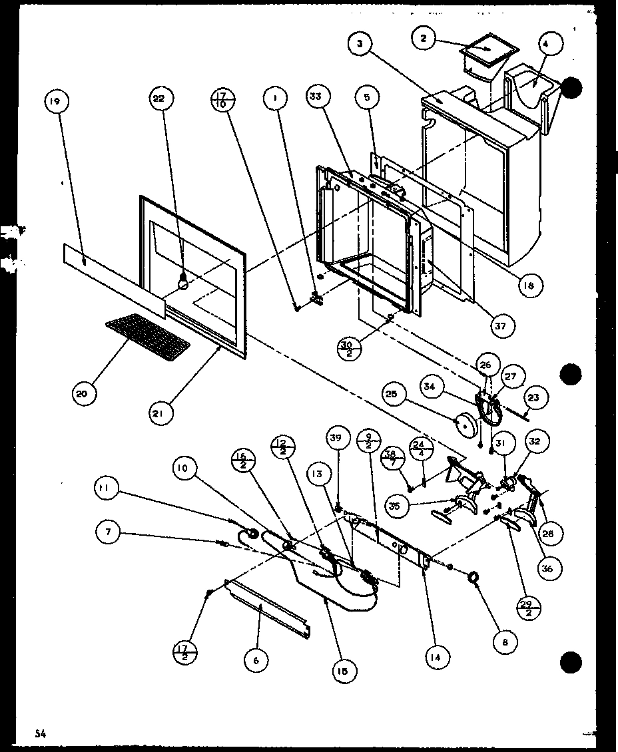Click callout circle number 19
55,102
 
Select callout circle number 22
159,98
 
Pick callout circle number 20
81,394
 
